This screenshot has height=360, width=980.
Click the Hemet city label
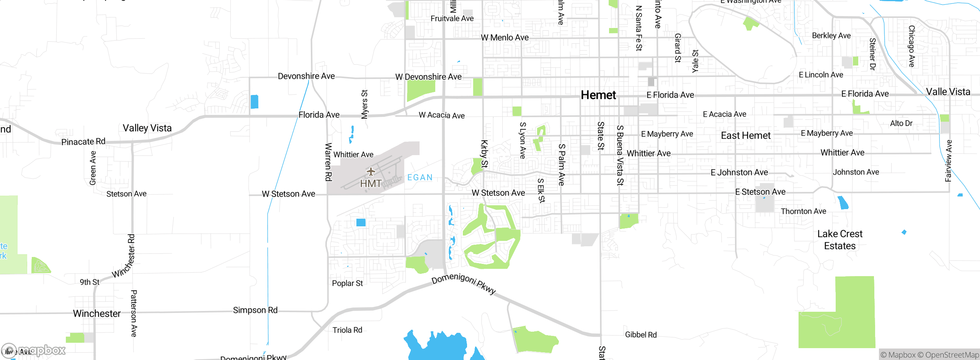[x=598, y=95]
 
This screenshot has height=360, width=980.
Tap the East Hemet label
[x=745, y=136]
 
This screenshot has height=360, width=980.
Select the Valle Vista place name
[x=948, y=92]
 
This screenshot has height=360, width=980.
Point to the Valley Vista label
[x=147, y=128]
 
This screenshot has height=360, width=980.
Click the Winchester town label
[x=97, y=314]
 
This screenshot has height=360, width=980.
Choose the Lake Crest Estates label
[x=840, y=240]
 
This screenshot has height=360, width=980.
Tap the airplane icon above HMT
[x=371, y=171]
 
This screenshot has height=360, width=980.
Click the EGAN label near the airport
[x=420, y=177]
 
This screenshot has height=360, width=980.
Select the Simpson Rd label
[x=255, y=310]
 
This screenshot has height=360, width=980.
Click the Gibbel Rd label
[x=641, y=335]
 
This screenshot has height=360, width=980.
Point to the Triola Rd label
[x=347, y=330]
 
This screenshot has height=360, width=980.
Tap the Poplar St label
[x=347, y=283]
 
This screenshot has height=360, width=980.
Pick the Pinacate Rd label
[x=83, y=142]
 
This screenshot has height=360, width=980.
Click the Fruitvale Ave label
[x=452, y=18]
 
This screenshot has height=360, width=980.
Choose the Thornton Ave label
[x=804, y=211]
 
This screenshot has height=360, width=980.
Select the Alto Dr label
[x=901, y=123]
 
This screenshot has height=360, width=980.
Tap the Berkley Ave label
[x=831, y=36]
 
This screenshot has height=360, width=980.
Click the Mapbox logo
[x=34, y=350]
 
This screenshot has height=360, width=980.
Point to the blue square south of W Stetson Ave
[x=361, y=223]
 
